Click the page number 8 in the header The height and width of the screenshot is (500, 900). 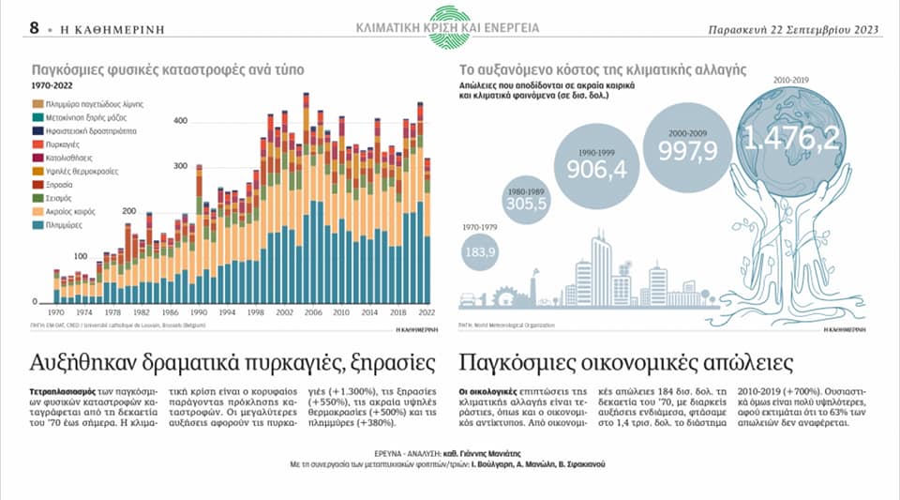click(x=34, y=27)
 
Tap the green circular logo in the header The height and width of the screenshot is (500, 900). click(x=448, y=26)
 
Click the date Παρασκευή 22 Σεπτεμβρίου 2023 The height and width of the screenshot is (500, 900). click(x=792, y=28)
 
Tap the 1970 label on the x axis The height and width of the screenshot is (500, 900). click(x=56, y=311)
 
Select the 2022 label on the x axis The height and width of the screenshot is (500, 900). click(x=427, y=311)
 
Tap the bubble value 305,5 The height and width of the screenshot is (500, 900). click(x=527, y=204)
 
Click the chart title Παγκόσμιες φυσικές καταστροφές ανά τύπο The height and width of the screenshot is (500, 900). click(x=168, y=69)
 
